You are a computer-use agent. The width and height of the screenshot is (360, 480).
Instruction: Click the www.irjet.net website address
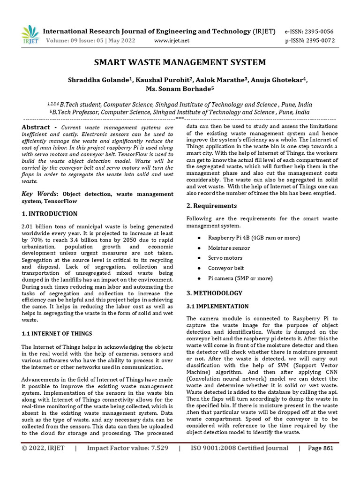click(172, 41)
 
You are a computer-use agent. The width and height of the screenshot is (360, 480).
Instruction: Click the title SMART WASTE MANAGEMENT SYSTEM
click(180, 62)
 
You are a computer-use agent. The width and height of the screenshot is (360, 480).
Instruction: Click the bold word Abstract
click(37, 127)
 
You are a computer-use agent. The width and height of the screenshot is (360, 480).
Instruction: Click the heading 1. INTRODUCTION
click(50, 214)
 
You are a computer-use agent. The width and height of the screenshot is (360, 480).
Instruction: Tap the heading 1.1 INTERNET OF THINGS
click(57, 333)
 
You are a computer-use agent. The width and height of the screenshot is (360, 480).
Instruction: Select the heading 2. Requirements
click(211, 206)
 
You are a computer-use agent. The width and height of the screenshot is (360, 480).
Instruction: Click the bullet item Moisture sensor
click(229, 248)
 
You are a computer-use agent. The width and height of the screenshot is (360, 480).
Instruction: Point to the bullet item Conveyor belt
click(226, 268)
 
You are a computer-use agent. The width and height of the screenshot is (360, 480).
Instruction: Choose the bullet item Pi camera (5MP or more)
click(240, 278)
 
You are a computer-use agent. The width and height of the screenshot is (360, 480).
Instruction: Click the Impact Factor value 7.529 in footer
click(127, 461)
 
